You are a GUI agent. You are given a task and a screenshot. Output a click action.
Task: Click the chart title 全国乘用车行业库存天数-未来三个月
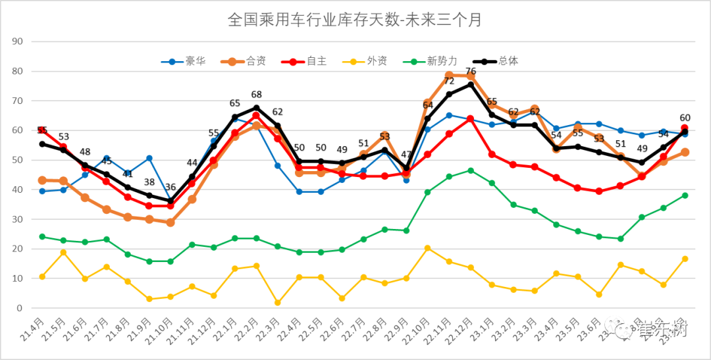355,20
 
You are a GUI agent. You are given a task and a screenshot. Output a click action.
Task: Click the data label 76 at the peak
471,71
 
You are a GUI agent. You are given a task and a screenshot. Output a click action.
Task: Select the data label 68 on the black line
257,95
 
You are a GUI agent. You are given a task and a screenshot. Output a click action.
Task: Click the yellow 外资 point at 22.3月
278,303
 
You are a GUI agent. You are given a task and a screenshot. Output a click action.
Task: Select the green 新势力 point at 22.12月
471,170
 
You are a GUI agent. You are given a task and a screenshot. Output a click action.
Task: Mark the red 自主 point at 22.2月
256,115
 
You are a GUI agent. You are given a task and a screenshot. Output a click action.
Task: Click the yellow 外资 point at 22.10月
428,248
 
